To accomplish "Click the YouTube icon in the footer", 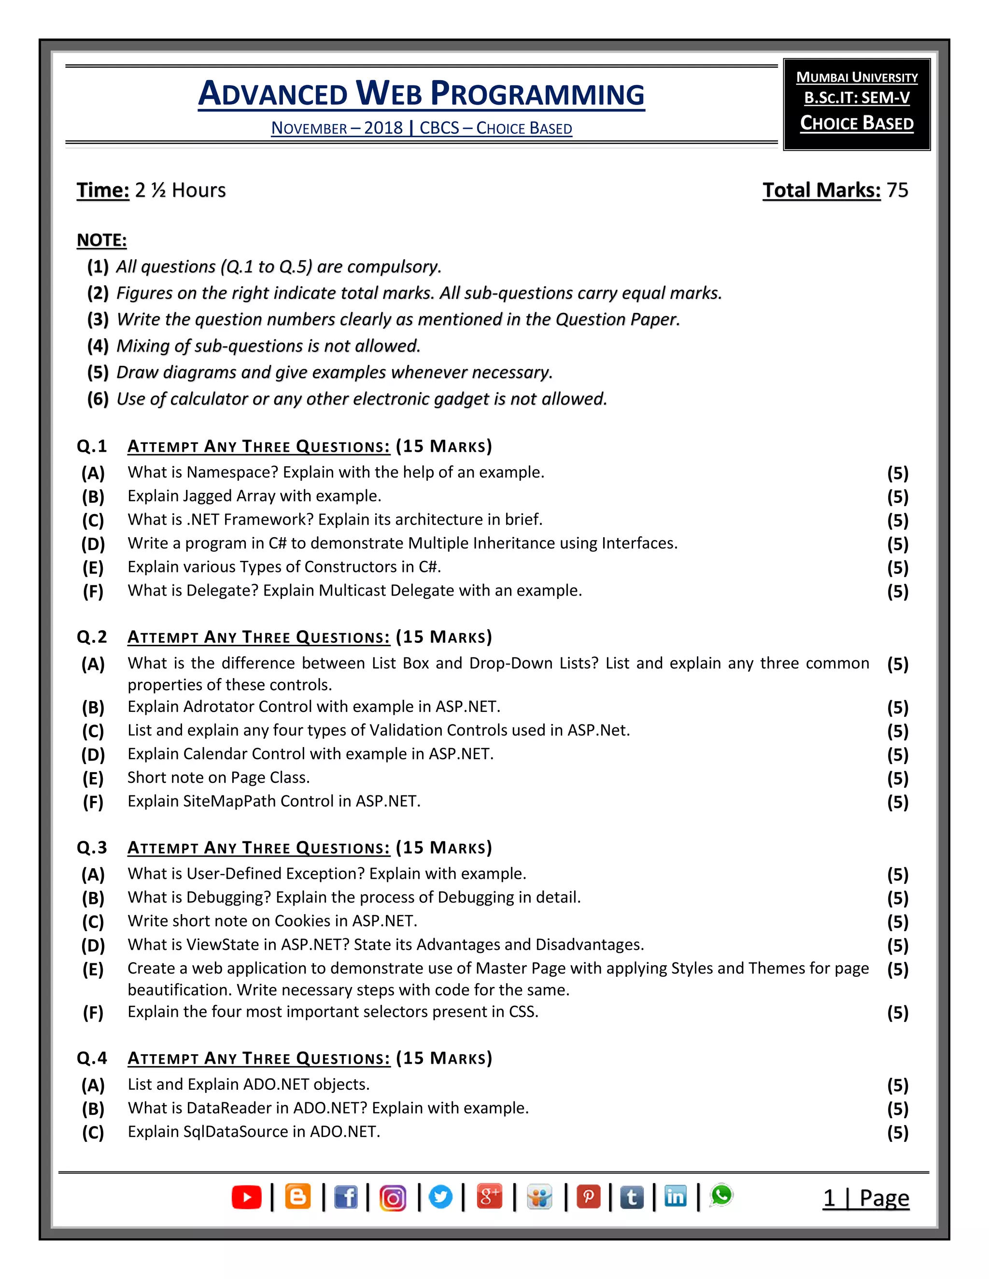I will (x=247, y=1197).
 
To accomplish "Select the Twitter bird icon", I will (x=440, y=1197).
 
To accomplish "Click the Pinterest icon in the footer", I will (x=588, y=1197).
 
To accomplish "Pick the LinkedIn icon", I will (x=676, y=1196).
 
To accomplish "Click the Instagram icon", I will (x=393, y=1198).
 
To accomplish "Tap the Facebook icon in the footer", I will (x=346, y=1197).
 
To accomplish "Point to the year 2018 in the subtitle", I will (x=383, y=128).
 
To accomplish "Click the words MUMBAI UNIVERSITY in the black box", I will (x=857, y=77).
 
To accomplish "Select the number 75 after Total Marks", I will (x=897, y=190).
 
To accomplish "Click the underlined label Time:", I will (x=102, y=190).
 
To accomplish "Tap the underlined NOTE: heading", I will (x=101, y=240).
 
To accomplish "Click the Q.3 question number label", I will (x=92, y=848).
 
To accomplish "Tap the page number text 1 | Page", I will (x=866, y=1199).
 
